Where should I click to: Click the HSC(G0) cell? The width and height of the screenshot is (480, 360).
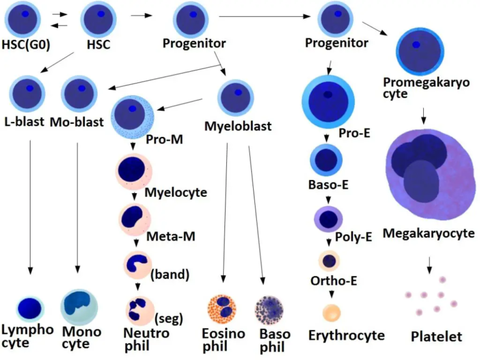click(x=22, y=19)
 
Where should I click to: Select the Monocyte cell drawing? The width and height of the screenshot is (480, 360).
click(x=79, y=307)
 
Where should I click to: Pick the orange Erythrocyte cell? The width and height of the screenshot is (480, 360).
click(x=332, y=312)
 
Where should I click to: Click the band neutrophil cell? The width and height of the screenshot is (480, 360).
click(x=137, y=265)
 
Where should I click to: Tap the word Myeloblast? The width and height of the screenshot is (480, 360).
click(x=238, y=126)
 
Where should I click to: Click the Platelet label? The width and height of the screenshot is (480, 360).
click(x=436, y=337)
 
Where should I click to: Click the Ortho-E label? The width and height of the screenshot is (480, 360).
click(x=334, y=281)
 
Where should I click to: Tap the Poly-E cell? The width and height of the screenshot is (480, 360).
click(x=329, y=219)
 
